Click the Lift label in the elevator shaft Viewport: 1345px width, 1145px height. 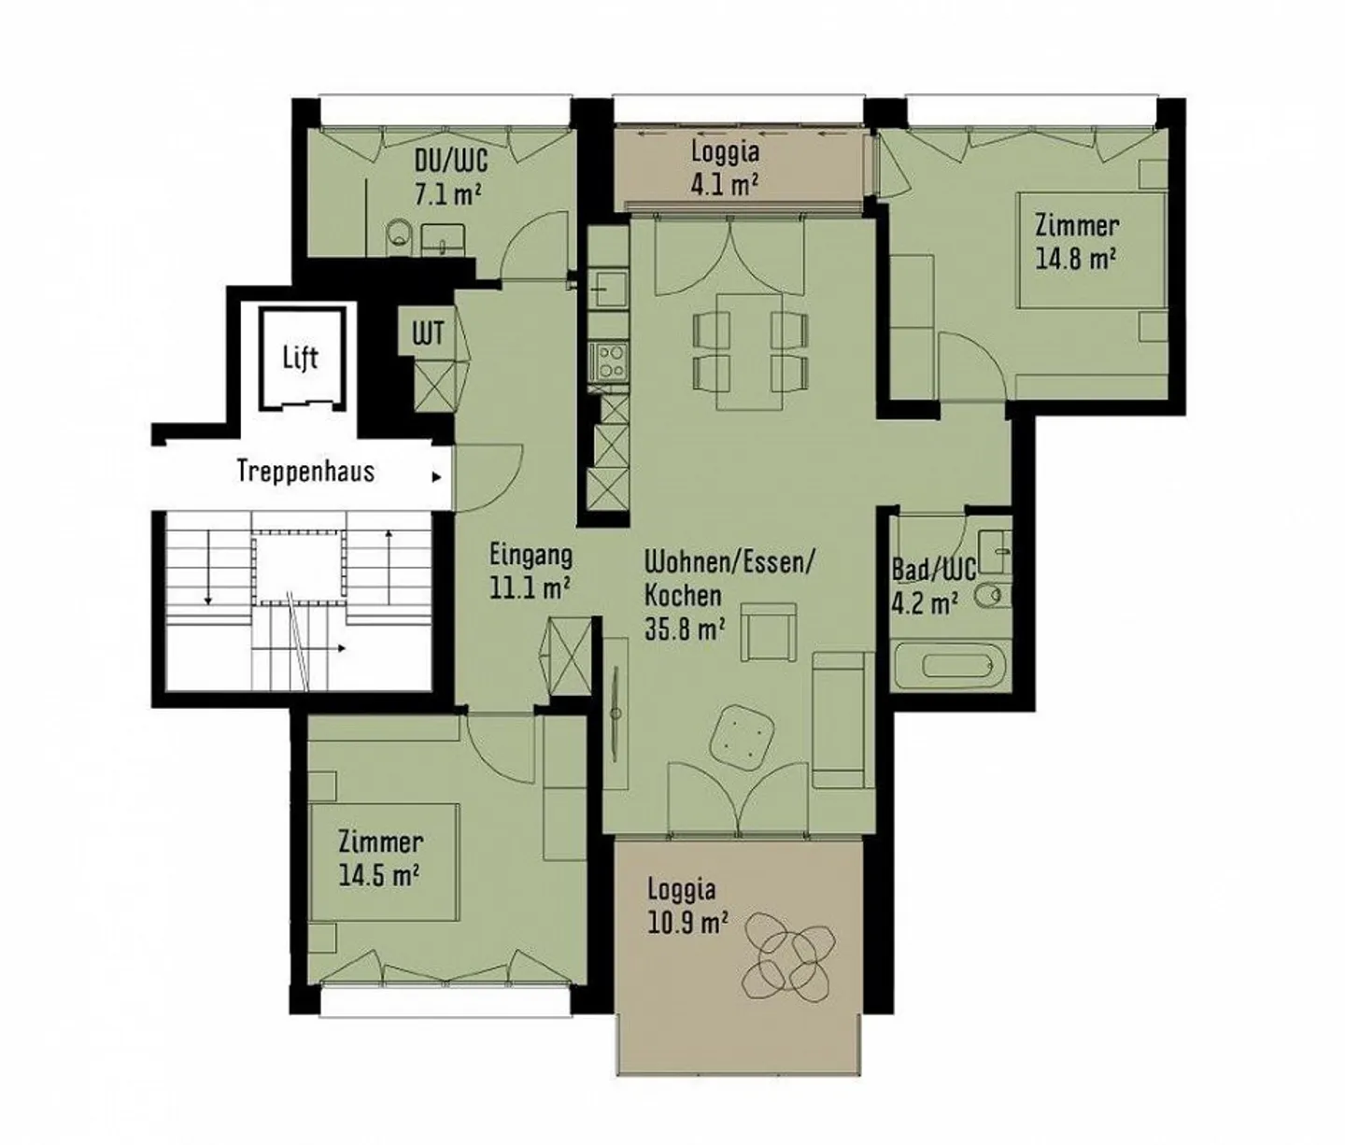[x=301, y=359]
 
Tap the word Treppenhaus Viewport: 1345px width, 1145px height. [x=305, y=472]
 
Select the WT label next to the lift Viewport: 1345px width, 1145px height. [x=428, y=334]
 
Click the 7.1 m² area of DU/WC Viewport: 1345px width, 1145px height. [x=447, y=193]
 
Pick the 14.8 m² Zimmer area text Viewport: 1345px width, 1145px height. [x=1076, y=259]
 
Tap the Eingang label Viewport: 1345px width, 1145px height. [x=531, y=556]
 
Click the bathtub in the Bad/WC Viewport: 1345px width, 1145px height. [x=952, y=666]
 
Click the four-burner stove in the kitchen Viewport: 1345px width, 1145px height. [x=610, y=361]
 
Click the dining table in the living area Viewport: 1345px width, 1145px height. [x=750, y=351]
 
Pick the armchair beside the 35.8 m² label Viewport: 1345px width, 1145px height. [x=769, y=631]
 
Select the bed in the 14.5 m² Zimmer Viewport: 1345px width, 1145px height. [x=385, y=862]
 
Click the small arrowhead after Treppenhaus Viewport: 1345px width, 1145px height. [x=437, y=477]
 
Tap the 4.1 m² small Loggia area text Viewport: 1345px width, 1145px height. [x=725, y=185]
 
